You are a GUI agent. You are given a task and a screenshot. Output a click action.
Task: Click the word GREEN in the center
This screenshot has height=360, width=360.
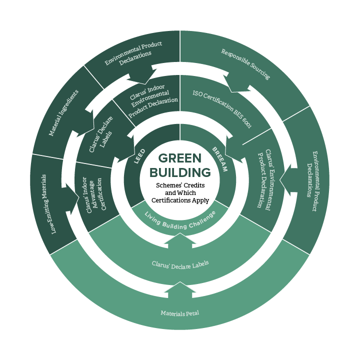180,158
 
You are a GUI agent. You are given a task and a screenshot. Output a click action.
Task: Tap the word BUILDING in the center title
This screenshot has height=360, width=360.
180,172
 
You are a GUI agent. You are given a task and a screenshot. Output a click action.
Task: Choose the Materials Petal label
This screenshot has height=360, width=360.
179,313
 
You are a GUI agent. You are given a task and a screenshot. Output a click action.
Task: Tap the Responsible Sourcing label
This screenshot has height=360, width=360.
245,64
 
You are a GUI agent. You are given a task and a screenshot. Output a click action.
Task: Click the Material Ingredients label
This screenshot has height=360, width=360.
63,113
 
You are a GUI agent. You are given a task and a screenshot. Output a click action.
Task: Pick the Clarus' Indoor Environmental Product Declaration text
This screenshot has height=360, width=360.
150,97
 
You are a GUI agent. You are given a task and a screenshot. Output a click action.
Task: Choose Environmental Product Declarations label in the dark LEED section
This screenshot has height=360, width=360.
134,53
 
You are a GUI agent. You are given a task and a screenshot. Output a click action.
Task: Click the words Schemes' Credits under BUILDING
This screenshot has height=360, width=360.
179,185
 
